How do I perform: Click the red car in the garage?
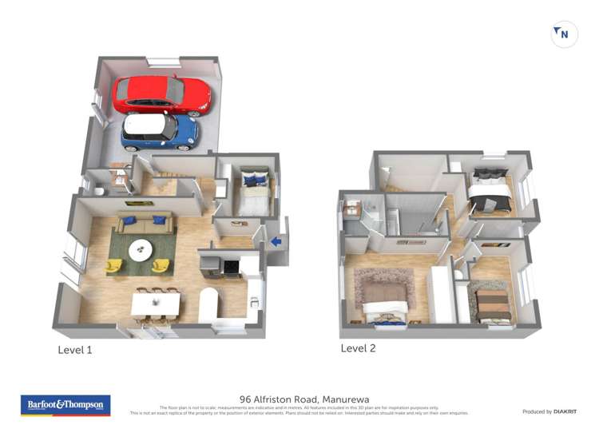point(161,95)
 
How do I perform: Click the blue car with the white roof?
point(160,131)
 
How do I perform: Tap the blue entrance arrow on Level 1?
point(276,241)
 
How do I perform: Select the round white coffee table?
point(142,250)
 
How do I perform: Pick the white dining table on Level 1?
point(156,303)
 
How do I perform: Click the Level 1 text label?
point(75,350)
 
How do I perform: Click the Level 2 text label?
point(358,348)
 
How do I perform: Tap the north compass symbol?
point(564,34)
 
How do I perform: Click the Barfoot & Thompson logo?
point(65,405)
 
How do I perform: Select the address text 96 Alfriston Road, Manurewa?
point(304,399)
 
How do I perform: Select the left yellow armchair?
point(115,264)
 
